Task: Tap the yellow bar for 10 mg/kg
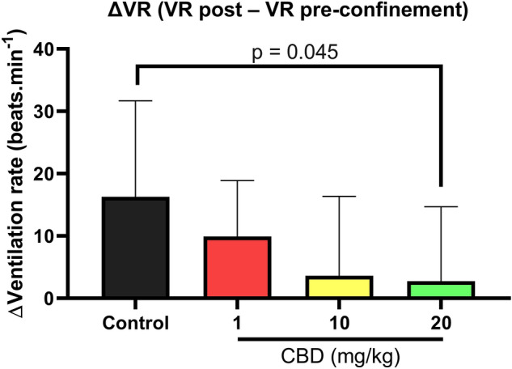339,287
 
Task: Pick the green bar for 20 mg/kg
440,290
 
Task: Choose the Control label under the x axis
136,324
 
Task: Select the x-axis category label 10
339,324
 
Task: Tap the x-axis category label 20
440,324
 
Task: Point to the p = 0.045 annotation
290,53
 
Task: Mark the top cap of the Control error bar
136,101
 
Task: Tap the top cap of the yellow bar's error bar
339,197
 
